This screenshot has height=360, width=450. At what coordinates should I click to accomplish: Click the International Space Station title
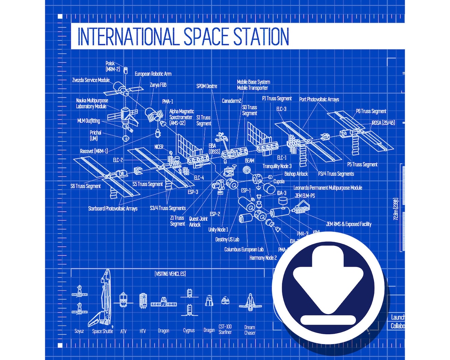click(183, 37)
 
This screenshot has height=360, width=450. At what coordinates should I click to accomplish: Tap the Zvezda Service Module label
click(91, 80)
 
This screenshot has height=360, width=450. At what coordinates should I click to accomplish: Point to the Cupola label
click(279, 182)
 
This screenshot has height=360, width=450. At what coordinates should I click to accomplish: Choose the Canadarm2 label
click(232, 101)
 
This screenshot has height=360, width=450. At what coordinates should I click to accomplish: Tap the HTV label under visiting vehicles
click(142, 331)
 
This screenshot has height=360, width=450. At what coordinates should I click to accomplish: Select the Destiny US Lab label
click(227, 240)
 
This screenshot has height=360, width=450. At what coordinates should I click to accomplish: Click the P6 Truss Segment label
click(371, 111)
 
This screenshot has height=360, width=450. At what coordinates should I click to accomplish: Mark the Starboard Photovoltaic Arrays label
click(112, 208)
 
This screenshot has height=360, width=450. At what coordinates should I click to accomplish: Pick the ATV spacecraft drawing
click(123, 300)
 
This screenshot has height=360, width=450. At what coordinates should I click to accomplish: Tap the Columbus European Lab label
click(244, 250)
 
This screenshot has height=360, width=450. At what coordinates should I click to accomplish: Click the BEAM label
click(250, 160)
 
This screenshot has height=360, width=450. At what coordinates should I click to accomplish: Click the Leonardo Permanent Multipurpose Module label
click(328, 188)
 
